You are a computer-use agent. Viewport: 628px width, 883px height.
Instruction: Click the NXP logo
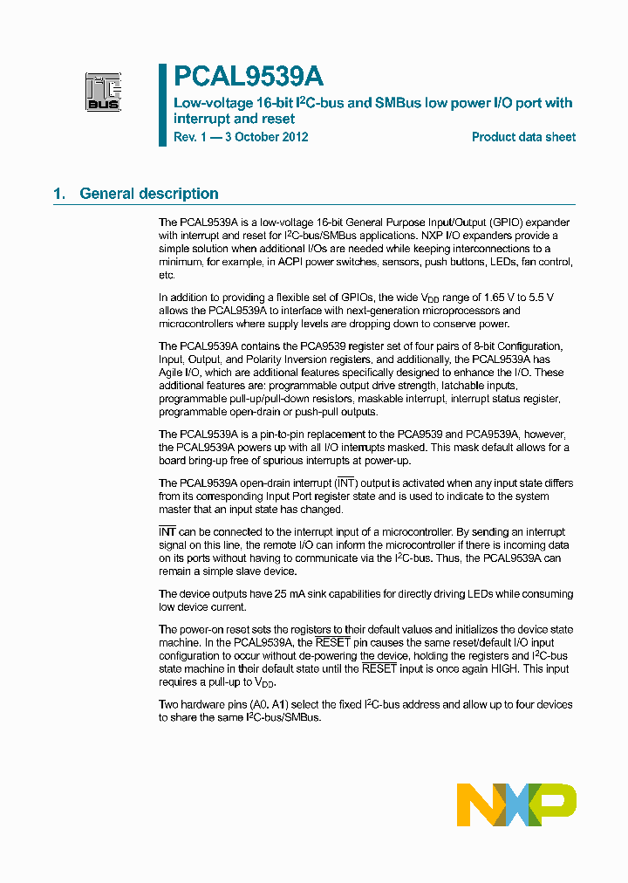pyautogui.click(x=516, y=804)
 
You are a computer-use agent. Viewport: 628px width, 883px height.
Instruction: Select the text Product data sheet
pyautogui.click(x=523, y=137)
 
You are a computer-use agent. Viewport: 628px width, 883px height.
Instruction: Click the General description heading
pyautogui.click(x=148, y=194)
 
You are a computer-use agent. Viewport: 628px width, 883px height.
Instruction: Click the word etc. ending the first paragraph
pyautogui.click(x=167, y=275)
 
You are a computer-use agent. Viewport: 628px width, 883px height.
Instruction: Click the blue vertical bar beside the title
pyautogui.click(x=162, y=105)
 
